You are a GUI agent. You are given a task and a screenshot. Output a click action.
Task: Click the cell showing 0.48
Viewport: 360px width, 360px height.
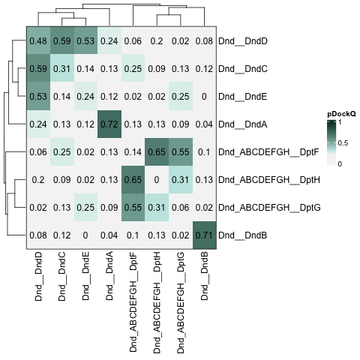click(x=38, y=40)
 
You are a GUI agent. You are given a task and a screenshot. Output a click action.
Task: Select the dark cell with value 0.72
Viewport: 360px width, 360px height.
click(x=109, y=124)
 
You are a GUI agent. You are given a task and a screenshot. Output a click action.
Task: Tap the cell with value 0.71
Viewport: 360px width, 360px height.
click(x=204, y=235)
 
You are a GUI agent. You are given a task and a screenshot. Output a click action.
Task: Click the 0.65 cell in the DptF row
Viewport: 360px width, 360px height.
click(x=157, y=151)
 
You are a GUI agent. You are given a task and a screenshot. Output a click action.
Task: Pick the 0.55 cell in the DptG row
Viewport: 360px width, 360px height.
click(x=133, y=207)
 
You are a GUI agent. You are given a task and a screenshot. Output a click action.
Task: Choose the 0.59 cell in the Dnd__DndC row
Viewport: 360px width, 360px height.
click(x=38, y=68)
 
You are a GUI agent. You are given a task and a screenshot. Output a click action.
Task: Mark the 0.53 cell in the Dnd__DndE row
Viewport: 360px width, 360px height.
click(x=38, y=96)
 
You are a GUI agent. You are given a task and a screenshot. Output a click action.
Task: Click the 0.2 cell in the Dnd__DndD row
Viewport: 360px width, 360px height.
click(x=157, y=40)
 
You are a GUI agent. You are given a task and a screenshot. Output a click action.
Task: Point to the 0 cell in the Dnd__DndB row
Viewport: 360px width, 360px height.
click(x=85, y=235)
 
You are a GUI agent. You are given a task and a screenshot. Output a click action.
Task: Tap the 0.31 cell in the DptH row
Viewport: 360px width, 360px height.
click(x=181, y=179)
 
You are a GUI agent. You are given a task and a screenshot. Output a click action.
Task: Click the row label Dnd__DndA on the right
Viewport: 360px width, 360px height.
click(x=243, y=124)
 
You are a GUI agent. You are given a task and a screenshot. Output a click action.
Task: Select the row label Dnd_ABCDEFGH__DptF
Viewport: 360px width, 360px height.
click(x=268, y=152)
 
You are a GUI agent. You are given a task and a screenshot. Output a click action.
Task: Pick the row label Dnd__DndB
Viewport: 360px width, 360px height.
click(x=243, y=235)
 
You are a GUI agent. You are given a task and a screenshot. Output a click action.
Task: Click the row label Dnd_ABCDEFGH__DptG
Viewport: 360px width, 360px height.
click(x=269, y=208)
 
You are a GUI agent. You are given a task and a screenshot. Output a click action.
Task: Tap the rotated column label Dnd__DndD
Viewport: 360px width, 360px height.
click(x=38, y=277)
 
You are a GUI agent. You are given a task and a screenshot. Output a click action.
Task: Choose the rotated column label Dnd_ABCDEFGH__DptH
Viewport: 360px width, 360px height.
click(x=157, y=303)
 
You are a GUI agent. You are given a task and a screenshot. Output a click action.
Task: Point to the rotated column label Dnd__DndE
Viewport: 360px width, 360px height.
click(x=85, y=276)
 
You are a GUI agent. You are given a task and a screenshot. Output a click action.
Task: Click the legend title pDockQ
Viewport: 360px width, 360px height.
click(x=341, y=114)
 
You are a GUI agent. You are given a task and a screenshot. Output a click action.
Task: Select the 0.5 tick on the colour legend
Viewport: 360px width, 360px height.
click(x=343, y=143)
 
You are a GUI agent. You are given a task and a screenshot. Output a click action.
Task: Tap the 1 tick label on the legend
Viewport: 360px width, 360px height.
click(x=340, y=122)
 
